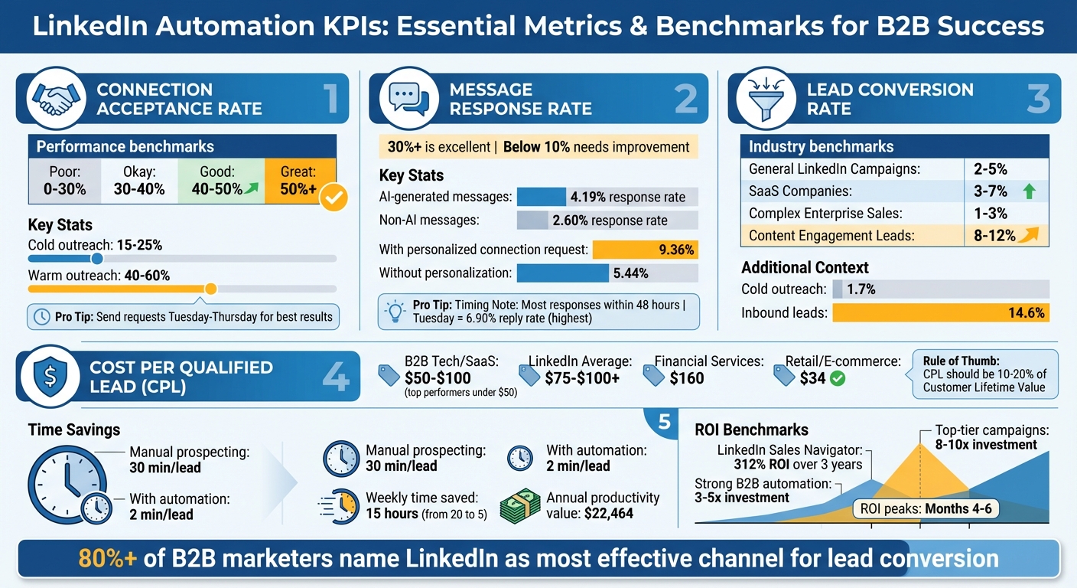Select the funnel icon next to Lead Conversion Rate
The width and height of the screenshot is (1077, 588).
tap(761, 99)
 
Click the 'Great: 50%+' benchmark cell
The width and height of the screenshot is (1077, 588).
tap(298, 181)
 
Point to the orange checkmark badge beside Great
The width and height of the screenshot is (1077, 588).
tap(334, 198)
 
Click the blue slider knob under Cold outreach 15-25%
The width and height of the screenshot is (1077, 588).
tap(97, 259)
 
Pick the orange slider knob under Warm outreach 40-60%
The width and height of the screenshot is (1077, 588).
tap(211, 289)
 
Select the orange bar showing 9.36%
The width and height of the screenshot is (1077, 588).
tap(645, 250)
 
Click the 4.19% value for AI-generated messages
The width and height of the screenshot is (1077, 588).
tap(587, 197)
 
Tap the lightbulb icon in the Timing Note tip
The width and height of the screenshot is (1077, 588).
tap(395, 311)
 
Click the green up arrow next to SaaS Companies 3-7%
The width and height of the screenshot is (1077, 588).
tap(1029, 191)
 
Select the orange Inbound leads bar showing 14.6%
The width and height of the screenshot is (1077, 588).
tap(940, 312)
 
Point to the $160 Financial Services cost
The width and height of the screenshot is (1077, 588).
tap(686, 377)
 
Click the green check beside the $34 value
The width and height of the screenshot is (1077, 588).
tap(838, 377)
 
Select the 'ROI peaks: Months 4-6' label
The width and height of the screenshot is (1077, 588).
tap(926, 508)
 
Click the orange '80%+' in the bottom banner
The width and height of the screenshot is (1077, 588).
tap(108, 558)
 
